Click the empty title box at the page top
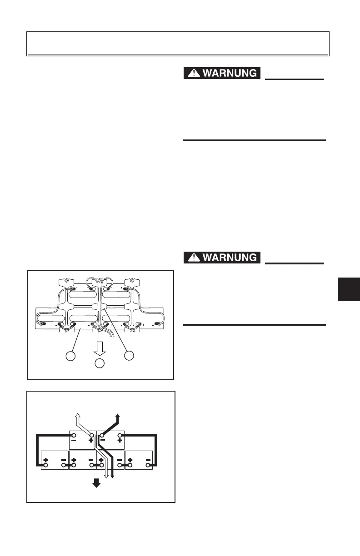(178, 44)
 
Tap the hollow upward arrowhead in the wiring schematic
(78, 415)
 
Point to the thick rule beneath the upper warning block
(254, 140)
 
